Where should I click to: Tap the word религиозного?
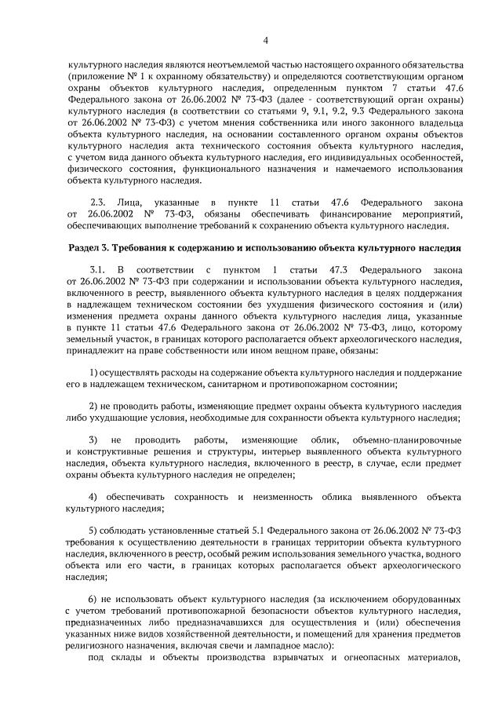96,644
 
